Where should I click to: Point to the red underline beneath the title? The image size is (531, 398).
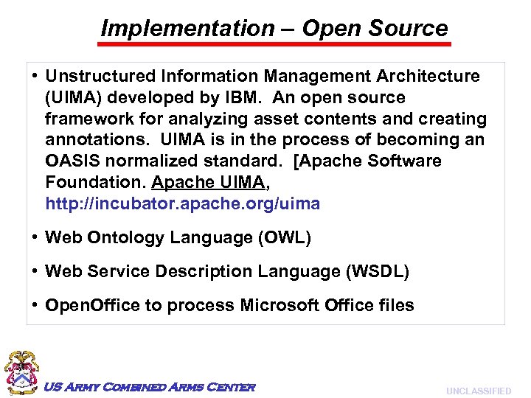274,44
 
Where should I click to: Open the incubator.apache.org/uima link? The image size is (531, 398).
183,203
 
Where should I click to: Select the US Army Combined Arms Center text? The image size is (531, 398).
150,387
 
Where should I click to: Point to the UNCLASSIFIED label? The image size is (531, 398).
479,391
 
